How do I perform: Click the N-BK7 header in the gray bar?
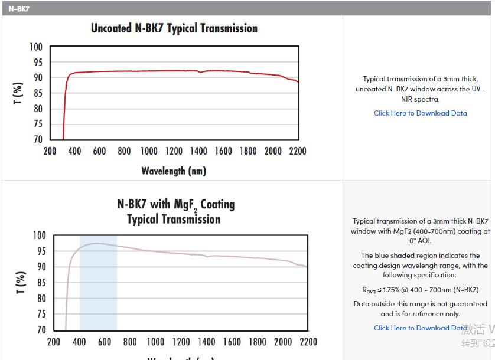pyautogui.click(x=19, y=9)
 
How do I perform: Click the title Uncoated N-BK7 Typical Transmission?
pyautogui.click(x=174, y=28)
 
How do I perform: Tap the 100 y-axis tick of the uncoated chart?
pyautogui.click(x=36, y=47)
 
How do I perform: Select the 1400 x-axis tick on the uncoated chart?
pyautogui.click(x=199, y=152)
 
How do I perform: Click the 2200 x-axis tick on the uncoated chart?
pyautogui.click(x=298, y=152)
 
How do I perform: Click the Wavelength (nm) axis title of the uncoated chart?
pyautogui.click(x=174, y=171)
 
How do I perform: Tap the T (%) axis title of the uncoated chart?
pyautogui.click(x=18, y=93)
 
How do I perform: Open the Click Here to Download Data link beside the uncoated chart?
pyautogui.click(x=420, y=113)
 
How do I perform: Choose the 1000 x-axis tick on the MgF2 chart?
pyautogui.click(x=155, y=342)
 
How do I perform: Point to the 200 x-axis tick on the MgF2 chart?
pyautogui.click(x=54, y=342)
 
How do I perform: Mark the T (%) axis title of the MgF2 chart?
pyautogui.click(x=21, y=283)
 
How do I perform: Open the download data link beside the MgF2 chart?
pyautogui.click(x=420, y=328)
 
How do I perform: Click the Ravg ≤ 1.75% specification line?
pyautogui.click(x=420, y=290)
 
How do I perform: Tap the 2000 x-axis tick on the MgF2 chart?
pyautogui.click(x=283, y=342)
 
